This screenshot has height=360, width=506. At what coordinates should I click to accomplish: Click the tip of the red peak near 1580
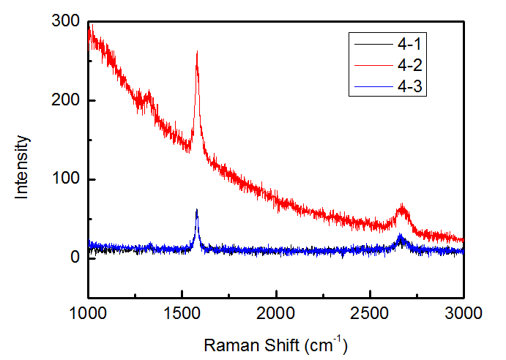197,52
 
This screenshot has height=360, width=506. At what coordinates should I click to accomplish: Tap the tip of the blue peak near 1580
197,210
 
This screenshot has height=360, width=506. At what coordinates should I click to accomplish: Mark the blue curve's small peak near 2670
401,236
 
